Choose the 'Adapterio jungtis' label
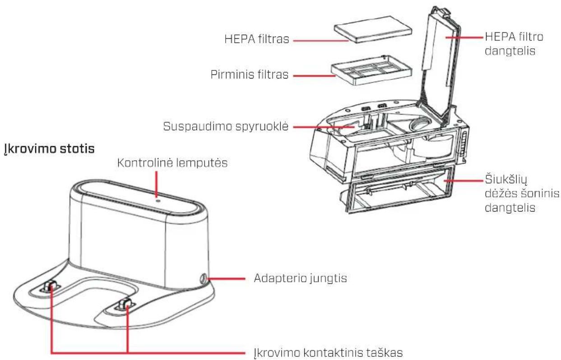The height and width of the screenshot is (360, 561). tap(297, 278)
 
